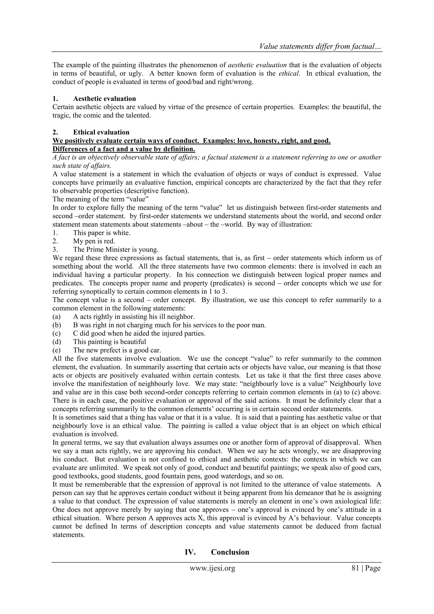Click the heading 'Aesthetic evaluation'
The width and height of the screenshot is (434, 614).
(104, 99)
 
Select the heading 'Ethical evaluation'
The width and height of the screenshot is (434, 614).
(101, 132)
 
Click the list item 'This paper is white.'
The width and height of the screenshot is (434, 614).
(102, 233)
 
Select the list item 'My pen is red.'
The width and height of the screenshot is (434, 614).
(94, 241)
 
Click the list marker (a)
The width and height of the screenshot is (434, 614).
(57, 317)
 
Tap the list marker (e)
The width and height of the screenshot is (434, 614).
(57, 350)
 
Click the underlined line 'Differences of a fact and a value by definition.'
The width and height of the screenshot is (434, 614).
(124, 149)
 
